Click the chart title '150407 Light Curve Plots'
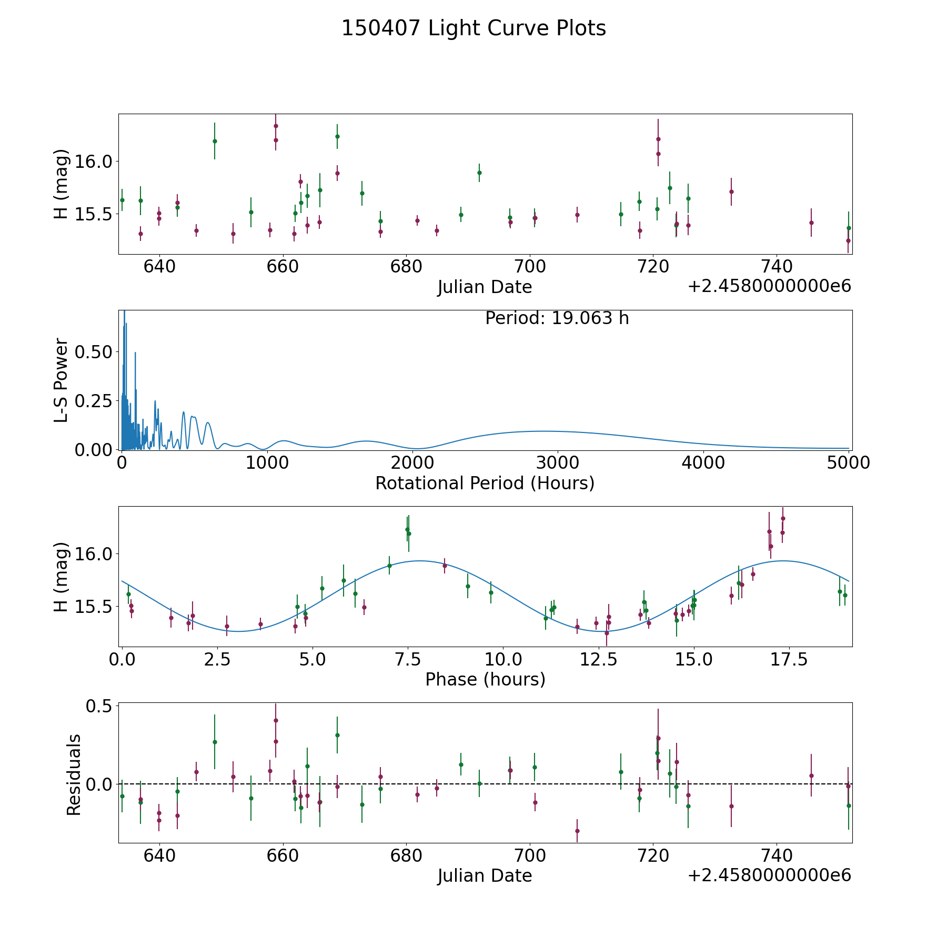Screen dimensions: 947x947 (473, 28)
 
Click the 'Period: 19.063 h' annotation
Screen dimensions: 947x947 (557, 318)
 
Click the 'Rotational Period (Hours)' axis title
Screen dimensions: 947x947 (485, 483)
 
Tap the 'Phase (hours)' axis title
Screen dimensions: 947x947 (485, 679)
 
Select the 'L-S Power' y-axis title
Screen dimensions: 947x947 (62, 380)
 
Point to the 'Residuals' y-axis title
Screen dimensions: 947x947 (74, 774)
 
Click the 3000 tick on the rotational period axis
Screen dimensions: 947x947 (557, 463)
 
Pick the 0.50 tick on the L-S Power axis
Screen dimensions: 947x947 (94, 352)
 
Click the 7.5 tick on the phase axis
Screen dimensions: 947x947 (407, 660)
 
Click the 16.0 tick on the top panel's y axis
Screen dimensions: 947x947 (94, 161)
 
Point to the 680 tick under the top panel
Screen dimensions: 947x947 (406, 267)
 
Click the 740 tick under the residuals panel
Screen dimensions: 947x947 (777, 856)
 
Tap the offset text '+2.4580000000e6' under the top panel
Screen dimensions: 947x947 (769, 286)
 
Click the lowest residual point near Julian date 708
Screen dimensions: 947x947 (577, 831)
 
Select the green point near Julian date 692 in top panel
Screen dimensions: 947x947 (479, 173)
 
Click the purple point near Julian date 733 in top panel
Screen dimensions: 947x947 (731, 192)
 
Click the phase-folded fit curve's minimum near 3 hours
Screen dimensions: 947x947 (238, 631)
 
